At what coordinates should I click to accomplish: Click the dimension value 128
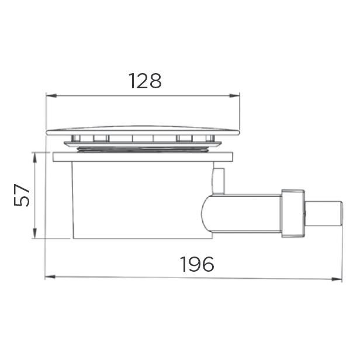pos(144,81)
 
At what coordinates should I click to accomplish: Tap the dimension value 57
pos(23,195)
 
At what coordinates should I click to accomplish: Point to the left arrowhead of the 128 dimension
pos(49,95)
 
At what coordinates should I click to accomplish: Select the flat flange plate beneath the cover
pos(143,157)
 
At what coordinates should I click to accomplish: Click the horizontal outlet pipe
pos(245,213)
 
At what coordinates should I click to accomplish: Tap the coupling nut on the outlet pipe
pos(293,213)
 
